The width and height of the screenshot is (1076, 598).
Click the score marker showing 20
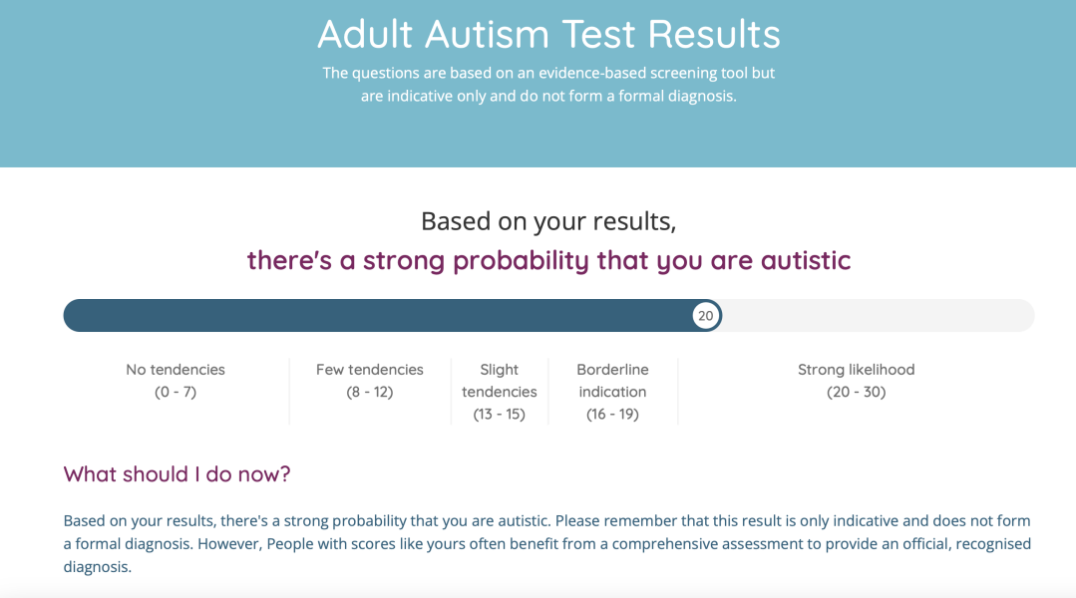[705, 316]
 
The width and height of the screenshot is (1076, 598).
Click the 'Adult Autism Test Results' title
[548, 35]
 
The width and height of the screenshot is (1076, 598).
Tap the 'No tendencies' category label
[176, 370]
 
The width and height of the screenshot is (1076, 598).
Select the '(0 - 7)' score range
[176, 392]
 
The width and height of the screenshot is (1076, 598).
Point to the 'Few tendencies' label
[370, 370]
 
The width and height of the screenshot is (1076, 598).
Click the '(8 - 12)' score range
[370, 392]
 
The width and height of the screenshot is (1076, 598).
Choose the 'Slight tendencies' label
[500, 381]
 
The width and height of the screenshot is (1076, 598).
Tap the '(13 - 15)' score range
[500, 414]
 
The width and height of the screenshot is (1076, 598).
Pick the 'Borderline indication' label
[612, 381]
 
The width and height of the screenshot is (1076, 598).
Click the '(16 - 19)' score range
[612, 414]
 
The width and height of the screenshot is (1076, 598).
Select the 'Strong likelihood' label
[856, 370]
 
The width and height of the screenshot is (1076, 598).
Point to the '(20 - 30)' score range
[856, 392]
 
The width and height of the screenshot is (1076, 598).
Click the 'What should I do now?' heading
[177, 473]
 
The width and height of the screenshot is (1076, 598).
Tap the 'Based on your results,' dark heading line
[548, 221]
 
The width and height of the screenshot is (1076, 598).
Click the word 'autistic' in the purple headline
[806, 261]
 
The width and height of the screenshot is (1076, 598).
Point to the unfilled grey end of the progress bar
[878, 316]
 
